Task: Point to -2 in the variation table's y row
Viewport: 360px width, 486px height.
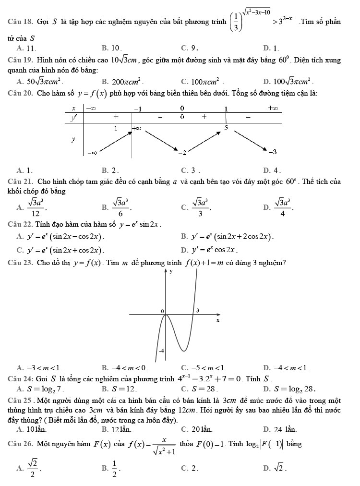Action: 181,152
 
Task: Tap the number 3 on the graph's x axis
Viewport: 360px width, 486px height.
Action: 198,311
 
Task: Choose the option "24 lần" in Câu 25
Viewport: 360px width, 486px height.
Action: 279,428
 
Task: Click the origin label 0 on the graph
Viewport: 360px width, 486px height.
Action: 162,312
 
